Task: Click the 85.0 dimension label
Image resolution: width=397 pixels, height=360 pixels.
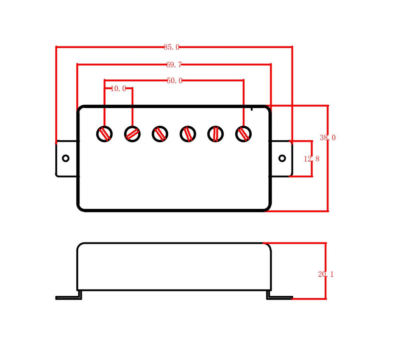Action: pos(171,47)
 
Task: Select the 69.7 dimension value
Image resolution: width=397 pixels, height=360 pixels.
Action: pos(174,65)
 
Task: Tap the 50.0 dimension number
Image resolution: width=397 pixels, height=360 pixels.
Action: pos(175,81)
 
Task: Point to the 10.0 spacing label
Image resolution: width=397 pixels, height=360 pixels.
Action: pos(118,88)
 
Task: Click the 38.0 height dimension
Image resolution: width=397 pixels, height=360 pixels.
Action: pos(328,138)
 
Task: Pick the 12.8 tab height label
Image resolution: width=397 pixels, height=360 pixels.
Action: pos(311,159)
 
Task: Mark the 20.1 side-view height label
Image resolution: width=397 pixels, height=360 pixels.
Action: pos(326,274)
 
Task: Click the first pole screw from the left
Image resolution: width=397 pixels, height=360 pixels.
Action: pos(105,134)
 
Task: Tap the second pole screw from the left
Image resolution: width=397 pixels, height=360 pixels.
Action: pos(133,134)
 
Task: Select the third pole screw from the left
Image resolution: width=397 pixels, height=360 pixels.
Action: pos(160,134)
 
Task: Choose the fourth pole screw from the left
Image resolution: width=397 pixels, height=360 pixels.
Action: pos(188,134)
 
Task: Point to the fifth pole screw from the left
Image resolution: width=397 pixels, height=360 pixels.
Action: pos(216,134)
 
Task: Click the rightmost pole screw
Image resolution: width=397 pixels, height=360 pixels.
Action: pos(243,134)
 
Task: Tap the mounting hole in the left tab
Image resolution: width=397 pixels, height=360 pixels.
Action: pos(66,158)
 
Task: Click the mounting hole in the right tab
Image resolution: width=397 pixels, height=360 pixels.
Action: pos(282,158)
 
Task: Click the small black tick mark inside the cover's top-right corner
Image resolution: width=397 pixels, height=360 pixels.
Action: pos(252,109)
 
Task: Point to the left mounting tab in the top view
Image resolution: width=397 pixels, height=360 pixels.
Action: pos(67,158)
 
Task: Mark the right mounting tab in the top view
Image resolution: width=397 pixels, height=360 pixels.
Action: pos(281,158)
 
